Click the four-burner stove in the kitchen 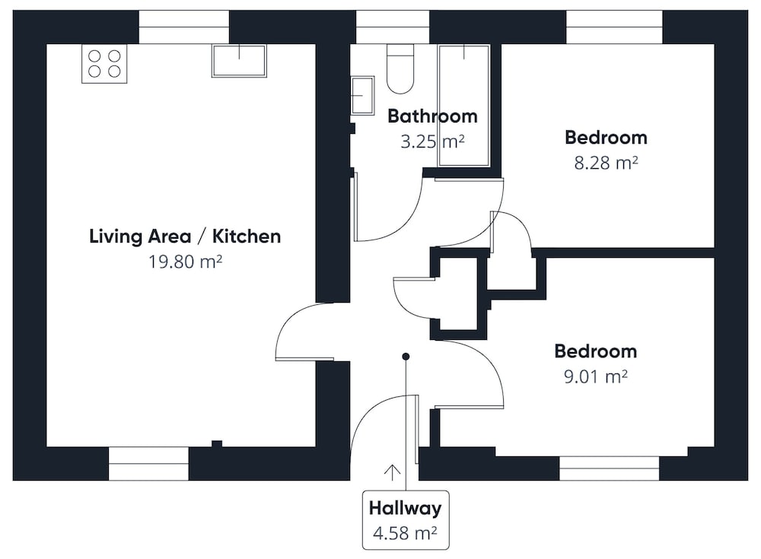point(104,64)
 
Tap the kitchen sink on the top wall point(239,61)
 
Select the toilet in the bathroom point(400,68)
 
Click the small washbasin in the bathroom point(362,95)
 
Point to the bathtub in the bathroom point(463,106)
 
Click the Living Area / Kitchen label point(185,237)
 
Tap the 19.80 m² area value point(185,262)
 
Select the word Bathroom point(432,116)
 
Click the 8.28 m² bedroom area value point(606,163)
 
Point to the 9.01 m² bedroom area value point(596,376)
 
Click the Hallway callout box point(406,520)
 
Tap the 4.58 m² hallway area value point(405,533)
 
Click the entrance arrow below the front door point(392,472)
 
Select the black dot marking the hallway point(406,357)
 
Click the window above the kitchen point(184,27)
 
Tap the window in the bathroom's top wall point(393,27)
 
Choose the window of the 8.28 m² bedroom point(614,27)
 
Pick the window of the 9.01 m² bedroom point(609,468)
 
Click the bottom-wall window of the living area point(148,464)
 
